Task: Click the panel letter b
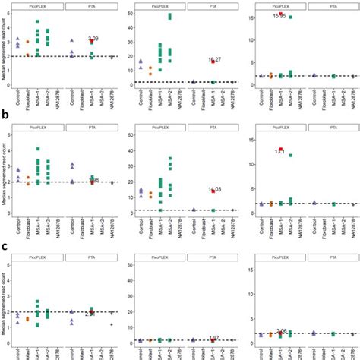coord(5,118)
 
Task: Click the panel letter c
coord(5,246)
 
